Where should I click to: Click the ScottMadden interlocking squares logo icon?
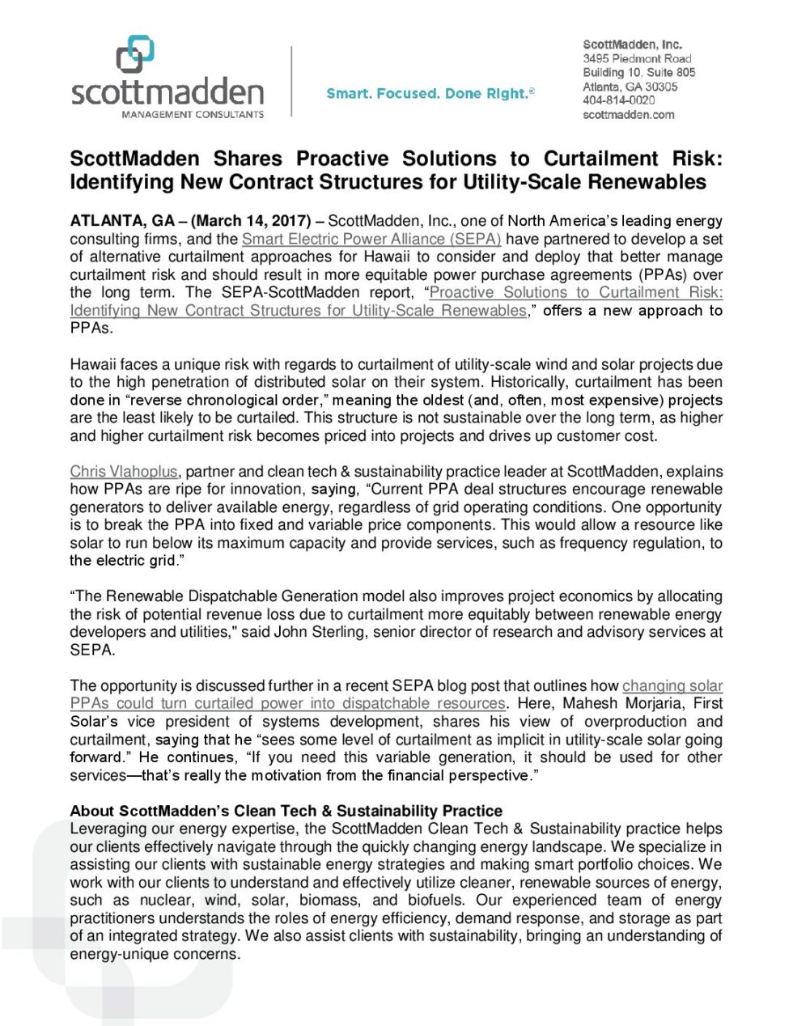pyautogui.click(x=135, y=54)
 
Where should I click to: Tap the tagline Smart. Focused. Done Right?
pyautogui.click(x=430, y=94)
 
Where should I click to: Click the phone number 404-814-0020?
pyautogui.click(x=618, y=100)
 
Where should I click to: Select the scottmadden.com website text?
pyautogui.click(x=628, y=115)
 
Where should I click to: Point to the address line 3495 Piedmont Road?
pyautogui.click(x=637, y=59)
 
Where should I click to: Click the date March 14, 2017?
pyautogui.click(x=251, y=221)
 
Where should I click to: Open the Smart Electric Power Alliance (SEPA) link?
pyautogui.click(x=371, y=239)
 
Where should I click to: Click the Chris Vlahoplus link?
pyautogui.click(x=123, y=471)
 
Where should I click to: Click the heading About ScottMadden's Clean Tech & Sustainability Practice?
pyautogui.click(x=286, y=811)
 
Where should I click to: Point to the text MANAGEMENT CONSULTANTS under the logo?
pyautogui.click(x=193, y=115)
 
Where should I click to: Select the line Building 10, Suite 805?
pyautogui.click(x=638, y=73)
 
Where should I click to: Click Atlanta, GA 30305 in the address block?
pyautogui.click(x=630, y=87)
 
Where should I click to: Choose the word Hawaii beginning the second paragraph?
pyautogui.click(x=92, y=364)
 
